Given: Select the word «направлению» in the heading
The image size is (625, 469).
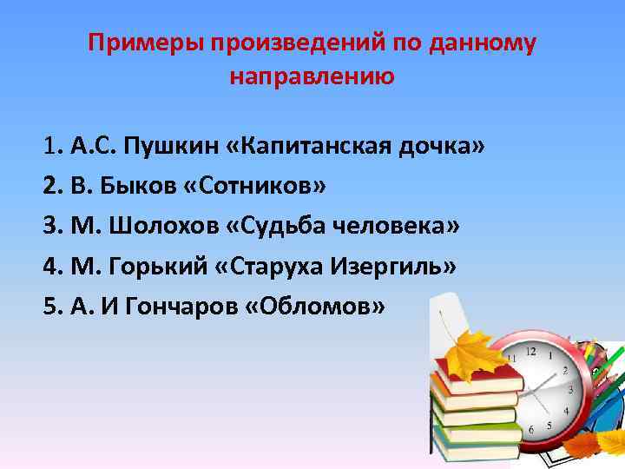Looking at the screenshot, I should (x=312, y=77).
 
